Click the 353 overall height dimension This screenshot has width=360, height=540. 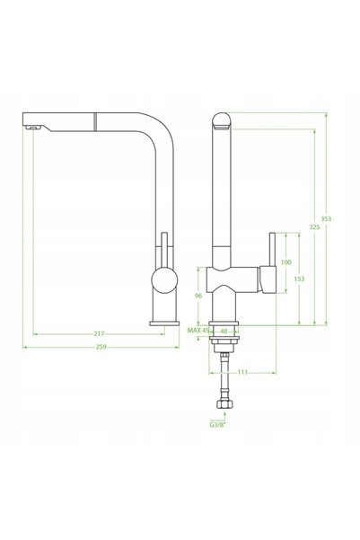coord(326,218)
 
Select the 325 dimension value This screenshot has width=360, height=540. coord(314,227)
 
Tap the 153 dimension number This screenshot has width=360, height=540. coord(299,279)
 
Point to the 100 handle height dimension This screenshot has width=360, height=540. coord(286,262)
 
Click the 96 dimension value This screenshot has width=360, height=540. coord(198,296)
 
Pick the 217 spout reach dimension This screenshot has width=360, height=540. coord(99,333)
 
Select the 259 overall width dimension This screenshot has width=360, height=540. coord(101,347)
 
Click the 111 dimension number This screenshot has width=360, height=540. coord(242,372)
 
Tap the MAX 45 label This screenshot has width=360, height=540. coord(198,331)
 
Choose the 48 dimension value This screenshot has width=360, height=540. coord(224,332)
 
